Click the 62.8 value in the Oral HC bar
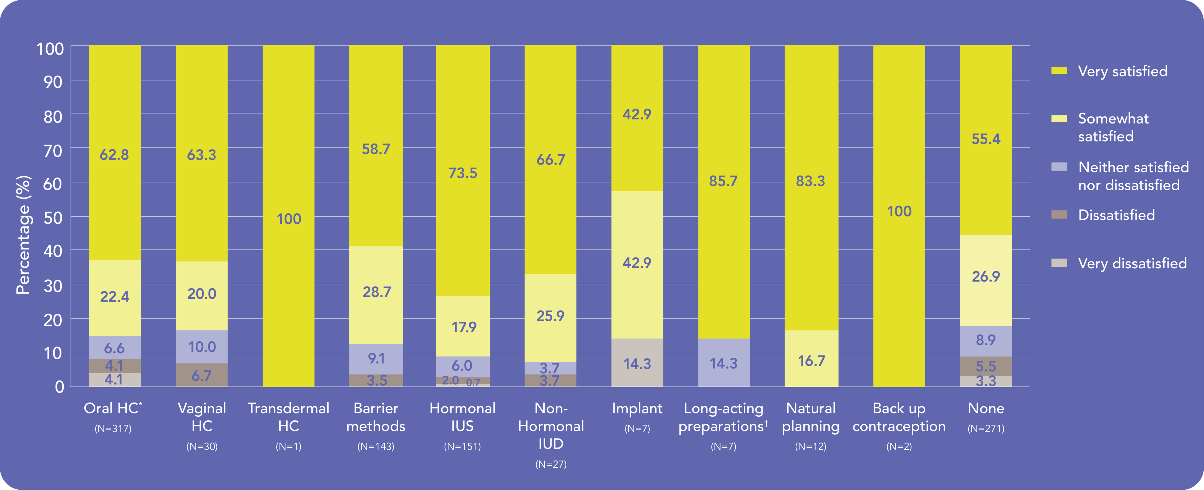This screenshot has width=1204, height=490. pyautogui.click(x=114, y=155)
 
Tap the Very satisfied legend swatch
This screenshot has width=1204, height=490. pyautogui.click(x=1059, y=71)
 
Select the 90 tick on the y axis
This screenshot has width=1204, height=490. pyautogui.click(x=53, y=82)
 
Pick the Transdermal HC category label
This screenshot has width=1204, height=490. pyautogui.click(x=288, y=417)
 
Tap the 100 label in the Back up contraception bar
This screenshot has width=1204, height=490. pyautogui.click(x=899, y=211)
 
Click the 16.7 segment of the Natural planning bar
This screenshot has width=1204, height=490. pyautogui.click(x=811, y=361)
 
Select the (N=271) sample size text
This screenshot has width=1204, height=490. pyautogui.click(x=986, y=428)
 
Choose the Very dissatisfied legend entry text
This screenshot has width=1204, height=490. pyautogui.click(x=1132, y=263)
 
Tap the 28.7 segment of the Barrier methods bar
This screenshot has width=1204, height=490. pyautogui.click(x=376, y=292)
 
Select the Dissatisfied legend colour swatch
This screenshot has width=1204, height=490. pyautogui.click(x=1059, y=215)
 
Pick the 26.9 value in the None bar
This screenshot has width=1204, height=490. pyautogui.click(x=986, y=277)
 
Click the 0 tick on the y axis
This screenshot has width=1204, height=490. pyautogui.click(x=59, y=387)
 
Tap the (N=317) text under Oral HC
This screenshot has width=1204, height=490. pyautogui.click(x=113, y=428)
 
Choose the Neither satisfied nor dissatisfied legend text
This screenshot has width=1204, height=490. pyautogui.click(x=1133, y=176)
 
